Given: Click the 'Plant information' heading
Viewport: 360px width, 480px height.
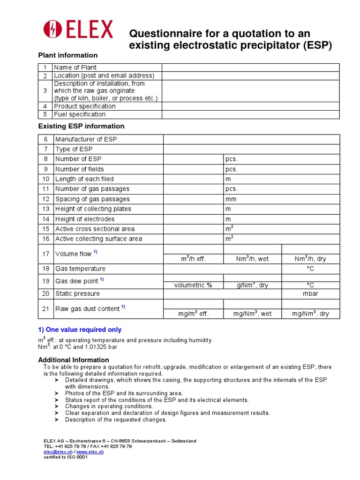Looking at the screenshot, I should [67, 55].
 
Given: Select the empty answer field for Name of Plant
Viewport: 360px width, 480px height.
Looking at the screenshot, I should [250, 67].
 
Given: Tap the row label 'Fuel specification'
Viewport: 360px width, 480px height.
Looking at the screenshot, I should [80, 114].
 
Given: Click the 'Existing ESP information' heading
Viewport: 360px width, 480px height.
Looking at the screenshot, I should [81, 126].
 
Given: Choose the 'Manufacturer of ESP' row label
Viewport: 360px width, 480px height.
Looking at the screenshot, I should [86, 139].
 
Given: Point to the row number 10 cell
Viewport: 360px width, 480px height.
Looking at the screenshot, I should [45, 179].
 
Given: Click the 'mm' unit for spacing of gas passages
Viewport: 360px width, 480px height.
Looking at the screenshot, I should [231, 199].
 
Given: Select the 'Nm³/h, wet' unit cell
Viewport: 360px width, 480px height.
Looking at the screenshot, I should [252, 259].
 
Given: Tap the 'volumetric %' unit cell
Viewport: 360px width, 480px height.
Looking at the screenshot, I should [193, 285].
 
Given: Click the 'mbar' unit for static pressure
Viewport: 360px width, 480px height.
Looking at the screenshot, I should [310, 294].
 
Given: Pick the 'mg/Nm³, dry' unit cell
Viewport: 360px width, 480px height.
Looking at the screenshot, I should [310, 314].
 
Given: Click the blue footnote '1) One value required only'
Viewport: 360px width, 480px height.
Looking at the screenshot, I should [80, 330].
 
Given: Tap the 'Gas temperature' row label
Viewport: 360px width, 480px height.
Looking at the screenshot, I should [80, 269].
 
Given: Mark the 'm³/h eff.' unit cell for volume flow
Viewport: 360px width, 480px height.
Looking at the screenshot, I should [193, 259].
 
